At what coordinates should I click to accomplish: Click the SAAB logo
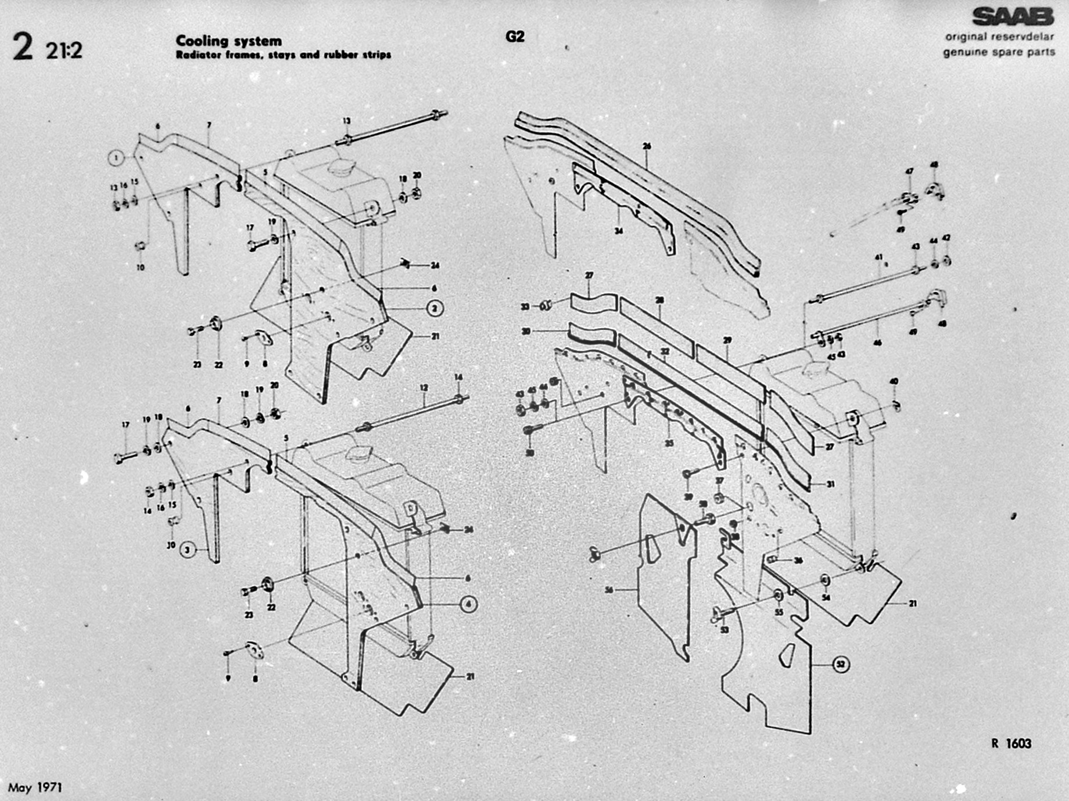click(1013, 17)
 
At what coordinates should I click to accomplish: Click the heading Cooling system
click(229, 41)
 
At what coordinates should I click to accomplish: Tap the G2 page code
click(515, 37)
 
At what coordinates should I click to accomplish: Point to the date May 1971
click(35, 788)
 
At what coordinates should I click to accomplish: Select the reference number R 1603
click(1011, 743)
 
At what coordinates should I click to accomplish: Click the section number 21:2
click(64, 50)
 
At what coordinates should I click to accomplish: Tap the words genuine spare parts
click(999, 52)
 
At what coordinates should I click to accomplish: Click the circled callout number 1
click(117, 157)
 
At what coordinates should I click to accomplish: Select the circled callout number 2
click(435, 309)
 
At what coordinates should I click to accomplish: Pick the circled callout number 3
click(187, 550)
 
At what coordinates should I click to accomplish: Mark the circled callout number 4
click(468, 605)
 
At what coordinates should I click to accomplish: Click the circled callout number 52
click(841, 664)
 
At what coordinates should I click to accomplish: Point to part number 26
click(647, 146)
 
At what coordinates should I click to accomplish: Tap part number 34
click(619, 231)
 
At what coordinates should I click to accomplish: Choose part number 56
click(609, 590)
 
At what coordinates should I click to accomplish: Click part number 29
click(727, 340)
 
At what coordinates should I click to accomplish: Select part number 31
click(830, 484)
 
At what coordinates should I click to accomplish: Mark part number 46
click(877, 342)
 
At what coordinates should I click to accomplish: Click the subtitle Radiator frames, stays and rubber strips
click(284, 55)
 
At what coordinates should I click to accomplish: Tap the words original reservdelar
click(999, 37)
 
